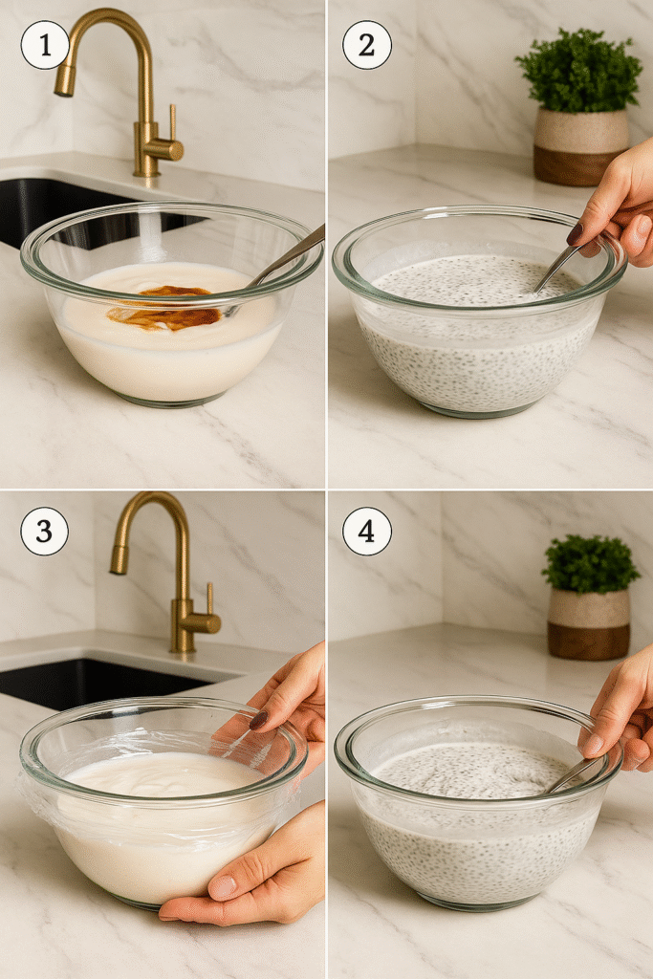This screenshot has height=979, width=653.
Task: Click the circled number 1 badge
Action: click(44, 45)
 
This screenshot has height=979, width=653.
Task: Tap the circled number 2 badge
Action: click(367, 45)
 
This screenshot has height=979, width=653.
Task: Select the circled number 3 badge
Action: click(44, 532)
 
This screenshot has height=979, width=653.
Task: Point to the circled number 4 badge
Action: click(367, 532)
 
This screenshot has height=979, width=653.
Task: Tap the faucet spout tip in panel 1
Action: click(64, 83)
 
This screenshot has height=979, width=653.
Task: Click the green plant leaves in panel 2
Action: click(578, 69)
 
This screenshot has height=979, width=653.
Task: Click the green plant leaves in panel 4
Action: click(590, 564)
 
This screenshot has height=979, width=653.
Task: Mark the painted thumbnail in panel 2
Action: click(575, 233)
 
